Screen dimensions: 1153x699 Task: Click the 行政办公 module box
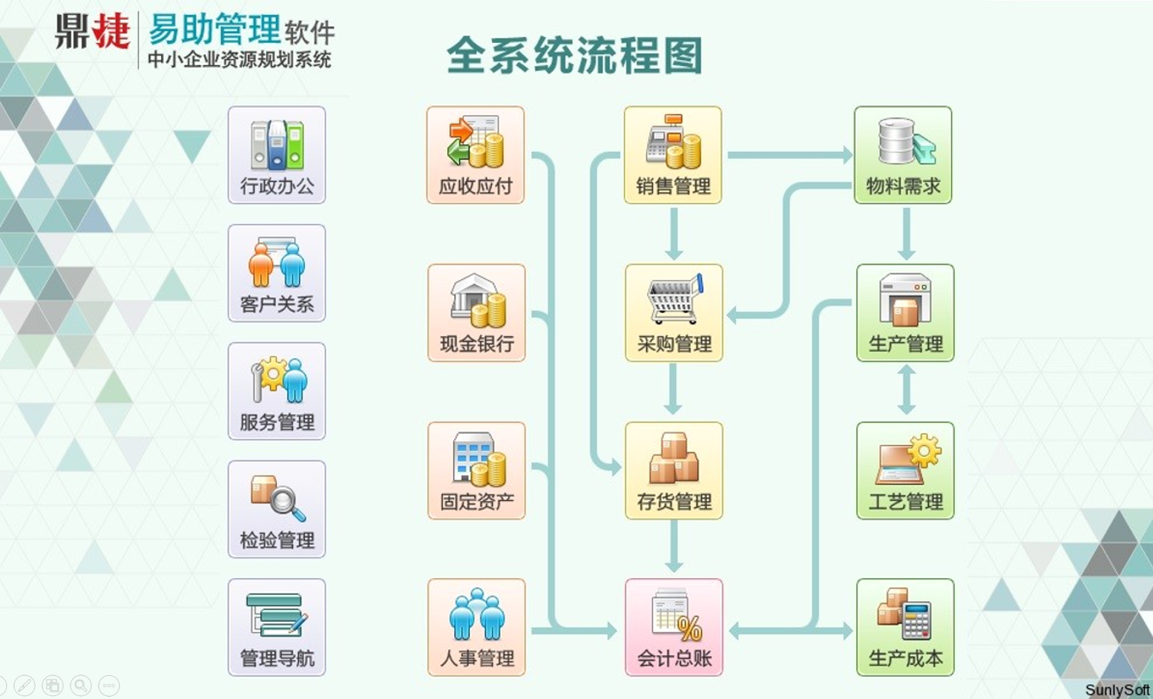coord(277,155)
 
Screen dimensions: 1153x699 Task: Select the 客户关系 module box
coord(277,273)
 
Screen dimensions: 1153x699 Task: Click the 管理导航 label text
coord(277,658)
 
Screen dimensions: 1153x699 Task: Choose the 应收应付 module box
coord(475,155)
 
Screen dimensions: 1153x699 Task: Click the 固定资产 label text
coord(476,502)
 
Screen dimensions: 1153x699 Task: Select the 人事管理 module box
coord(476,627)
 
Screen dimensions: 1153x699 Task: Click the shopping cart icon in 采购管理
coord(675,298)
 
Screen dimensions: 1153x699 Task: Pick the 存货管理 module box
coord(674,470)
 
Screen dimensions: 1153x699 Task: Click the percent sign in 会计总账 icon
coord(689,629)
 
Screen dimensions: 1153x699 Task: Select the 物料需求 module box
coord(903,155)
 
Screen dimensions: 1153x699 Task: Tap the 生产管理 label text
coord(905,344)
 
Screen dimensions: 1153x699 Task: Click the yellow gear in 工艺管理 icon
coord(924,450)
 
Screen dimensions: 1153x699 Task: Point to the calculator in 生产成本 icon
coord(917,621)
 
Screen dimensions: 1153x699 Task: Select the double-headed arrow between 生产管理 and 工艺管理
coord(906,390)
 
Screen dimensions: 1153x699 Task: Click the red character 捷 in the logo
coord(111,31)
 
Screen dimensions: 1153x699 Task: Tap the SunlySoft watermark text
coord(1117,690)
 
